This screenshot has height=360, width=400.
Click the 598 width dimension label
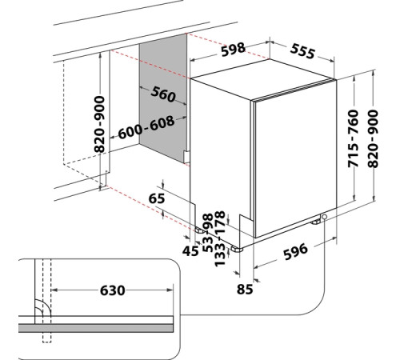coord(233,50)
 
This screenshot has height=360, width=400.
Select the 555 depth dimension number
coord(302,51)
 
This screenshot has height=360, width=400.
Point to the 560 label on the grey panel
coord(163,94)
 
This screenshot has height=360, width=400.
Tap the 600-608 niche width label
coord(146,127)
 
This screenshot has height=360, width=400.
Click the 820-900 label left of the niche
coord(99,124)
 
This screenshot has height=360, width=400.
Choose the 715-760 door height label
coord(353,138)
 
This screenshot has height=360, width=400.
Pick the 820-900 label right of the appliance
coord(373,138)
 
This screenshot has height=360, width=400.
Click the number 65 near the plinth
coord(157,198)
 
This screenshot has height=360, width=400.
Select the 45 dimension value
coord(190,251)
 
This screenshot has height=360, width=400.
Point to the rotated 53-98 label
coord(208,233)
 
